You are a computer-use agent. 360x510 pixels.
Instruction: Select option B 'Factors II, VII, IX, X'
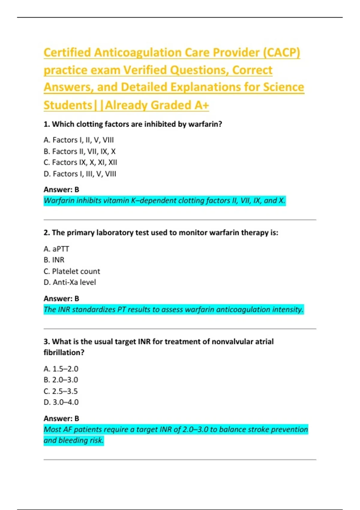coord(79,151)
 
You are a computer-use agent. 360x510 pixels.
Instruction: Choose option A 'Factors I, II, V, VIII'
coord(79,140)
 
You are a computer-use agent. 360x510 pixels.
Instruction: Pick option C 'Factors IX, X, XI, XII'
coord(80,162)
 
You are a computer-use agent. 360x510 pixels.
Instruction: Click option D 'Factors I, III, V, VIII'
coord(80,174)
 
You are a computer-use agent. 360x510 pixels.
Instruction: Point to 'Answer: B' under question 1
coord(61,190)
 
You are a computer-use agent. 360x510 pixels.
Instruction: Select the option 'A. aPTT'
coord(56,249)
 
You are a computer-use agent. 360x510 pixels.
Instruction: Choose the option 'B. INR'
coord(54,260)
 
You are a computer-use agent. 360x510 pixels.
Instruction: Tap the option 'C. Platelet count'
coord(72,271)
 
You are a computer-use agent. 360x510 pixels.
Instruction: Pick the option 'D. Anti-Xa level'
coord(70,282)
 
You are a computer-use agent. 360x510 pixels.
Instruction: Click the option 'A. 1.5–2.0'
coord(61,369)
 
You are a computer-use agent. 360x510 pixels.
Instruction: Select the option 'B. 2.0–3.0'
coord(61,380)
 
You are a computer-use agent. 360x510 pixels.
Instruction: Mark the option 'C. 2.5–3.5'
coord(61,391)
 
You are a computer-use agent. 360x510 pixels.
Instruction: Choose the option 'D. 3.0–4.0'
coord(61,402)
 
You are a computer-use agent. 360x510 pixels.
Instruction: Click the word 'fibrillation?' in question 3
coord(64,352)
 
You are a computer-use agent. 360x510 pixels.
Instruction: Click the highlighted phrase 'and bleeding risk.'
coord(73,440)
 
